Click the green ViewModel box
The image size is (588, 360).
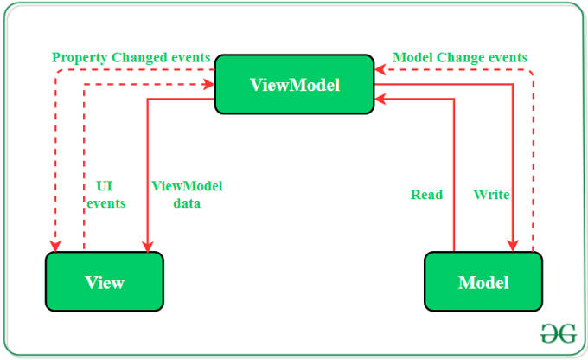(294, 85)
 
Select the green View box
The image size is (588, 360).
(105, 281)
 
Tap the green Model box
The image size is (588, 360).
(483, 281)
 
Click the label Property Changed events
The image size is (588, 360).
(131, 57)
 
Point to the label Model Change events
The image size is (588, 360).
(460, 57)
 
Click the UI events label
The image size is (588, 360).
(105, 195)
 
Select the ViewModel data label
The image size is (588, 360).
(187, 195)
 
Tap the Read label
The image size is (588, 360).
(426, 195)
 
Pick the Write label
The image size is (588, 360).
(491, 195)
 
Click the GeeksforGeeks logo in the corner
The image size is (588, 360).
(559, 333)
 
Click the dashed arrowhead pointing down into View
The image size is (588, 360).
(55, 247)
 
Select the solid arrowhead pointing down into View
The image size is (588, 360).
(148, 247)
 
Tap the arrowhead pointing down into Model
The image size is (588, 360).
(513, 247)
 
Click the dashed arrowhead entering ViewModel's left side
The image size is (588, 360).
(209, 84)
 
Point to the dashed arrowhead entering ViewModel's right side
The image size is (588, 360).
(380, 70)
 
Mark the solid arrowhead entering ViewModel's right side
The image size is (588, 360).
(380, 100)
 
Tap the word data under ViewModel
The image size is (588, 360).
(187, 203)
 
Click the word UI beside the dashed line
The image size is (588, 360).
(105, 186)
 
